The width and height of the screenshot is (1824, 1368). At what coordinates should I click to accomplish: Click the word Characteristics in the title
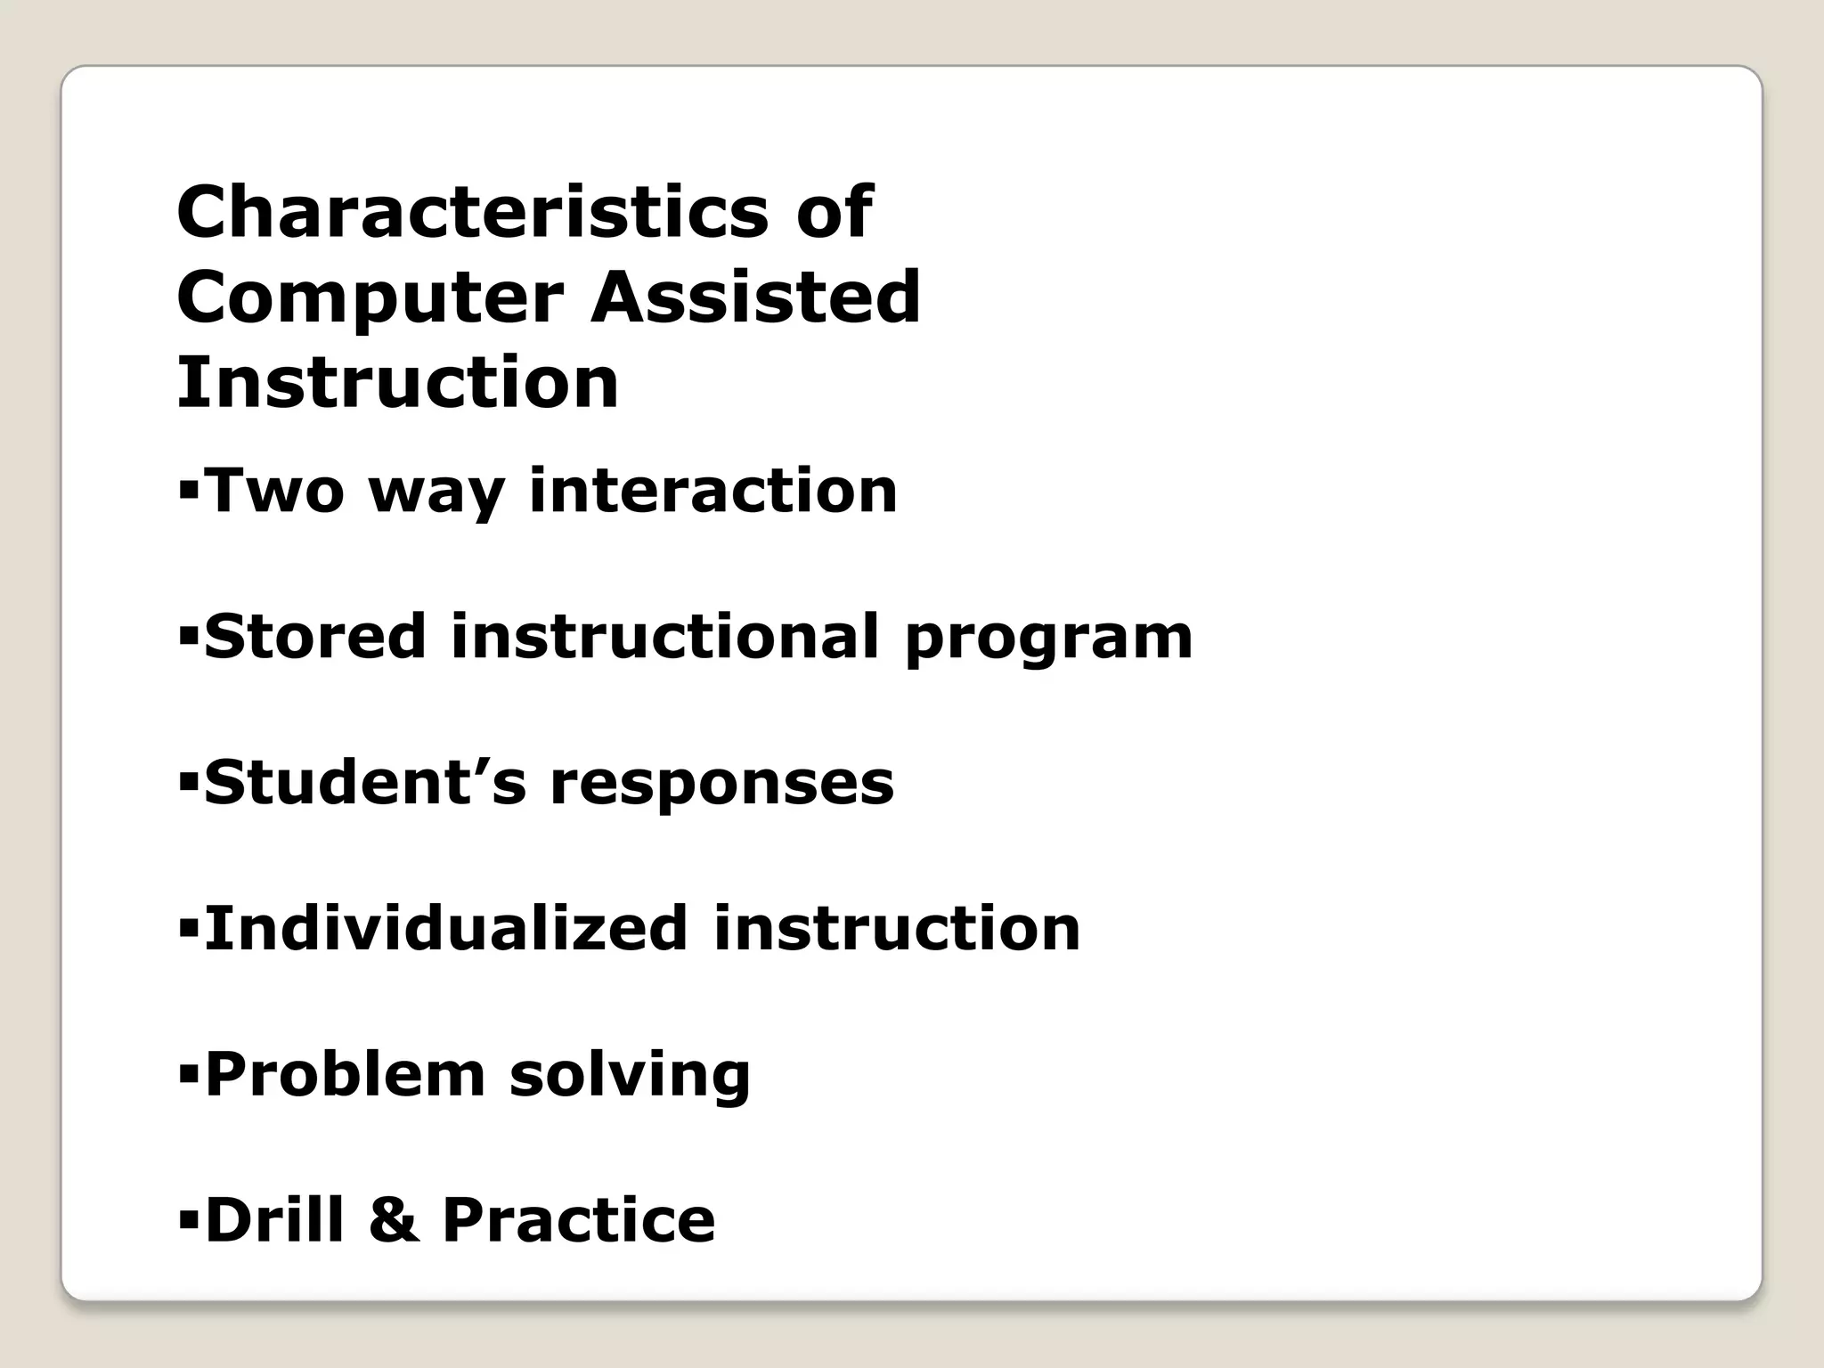tap(473, 212)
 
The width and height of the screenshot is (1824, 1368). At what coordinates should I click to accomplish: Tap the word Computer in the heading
tap(370, 299)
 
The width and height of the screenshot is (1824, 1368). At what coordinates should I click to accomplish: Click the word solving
tap(630, 1076)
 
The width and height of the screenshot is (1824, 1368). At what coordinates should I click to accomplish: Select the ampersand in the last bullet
tap(393, 1220)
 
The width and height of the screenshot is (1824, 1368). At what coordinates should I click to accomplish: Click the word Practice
tap(579, 1219)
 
